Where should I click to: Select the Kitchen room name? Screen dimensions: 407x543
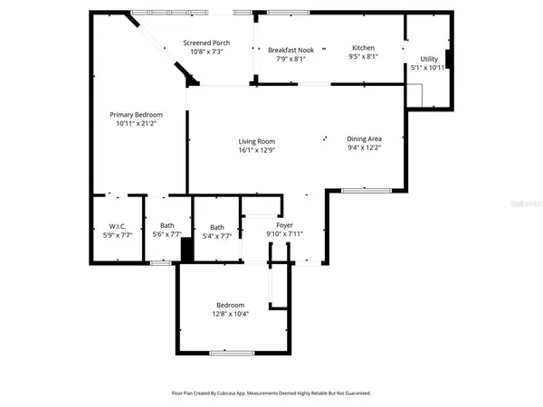[x=363, y=49]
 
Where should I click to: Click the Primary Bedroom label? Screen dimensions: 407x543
[x=136, y=115]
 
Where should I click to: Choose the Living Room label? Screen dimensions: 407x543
[x=256, y=141]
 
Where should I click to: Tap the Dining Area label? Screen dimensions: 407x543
[x=365, y=139]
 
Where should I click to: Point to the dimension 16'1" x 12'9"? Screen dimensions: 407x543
[x=256, y=150]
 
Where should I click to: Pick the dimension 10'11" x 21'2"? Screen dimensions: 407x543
[x=136, y=124]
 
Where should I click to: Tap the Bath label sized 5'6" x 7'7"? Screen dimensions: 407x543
[x=167, y=226]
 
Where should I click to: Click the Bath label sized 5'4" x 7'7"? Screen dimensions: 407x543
[x=217, y=227]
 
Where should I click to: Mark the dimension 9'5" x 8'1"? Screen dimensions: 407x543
[x=363, y=58]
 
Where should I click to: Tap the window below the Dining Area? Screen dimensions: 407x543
[x=366, y=189]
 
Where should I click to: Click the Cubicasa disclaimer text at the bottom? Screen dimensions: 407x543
[x=271, y=393]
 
